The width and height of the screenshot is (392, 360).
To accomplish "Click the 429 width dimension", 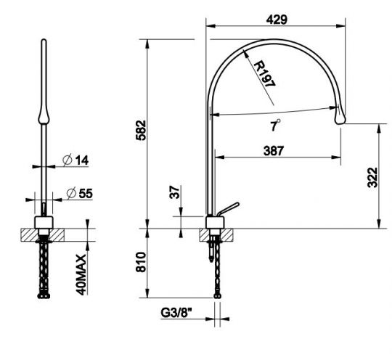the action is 277,20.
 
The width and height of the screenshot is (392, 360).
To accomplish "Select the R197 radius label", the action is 265,73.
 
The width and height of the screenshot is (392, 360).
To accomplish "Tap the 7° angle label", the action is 275,125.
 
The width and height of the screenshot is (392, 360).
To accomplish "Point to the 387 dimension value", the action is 274,151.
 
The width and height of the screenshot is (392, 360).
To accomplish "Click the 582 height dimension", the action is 141,130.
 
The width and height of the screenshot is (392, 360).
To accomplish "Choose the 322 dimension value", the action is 372,177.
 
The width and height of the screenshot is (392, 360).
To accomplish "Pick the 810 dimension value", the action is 141,262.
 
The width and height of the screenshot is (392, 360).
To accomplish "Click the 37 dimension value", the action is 174,192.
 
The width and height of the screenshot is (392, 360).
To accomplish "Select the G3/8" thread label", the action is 176,313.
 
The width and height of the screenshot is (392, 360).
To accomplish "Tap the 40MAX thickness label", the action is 81,275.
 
